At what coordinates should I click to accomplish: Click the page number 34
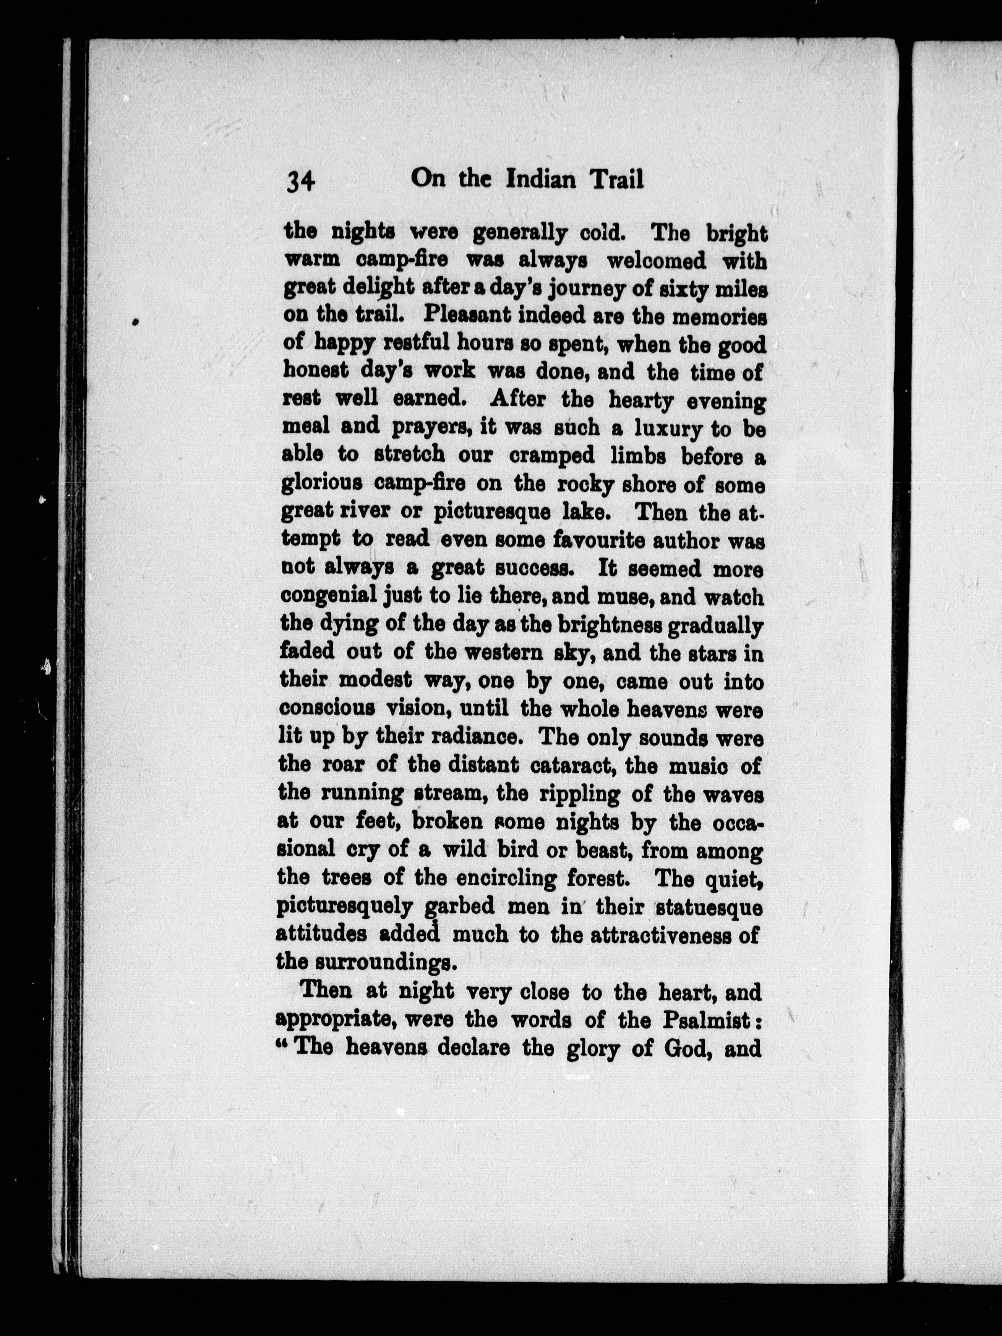(x=300, y=181)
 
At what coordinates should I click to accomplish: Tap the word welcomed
(x=656, y=261)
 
